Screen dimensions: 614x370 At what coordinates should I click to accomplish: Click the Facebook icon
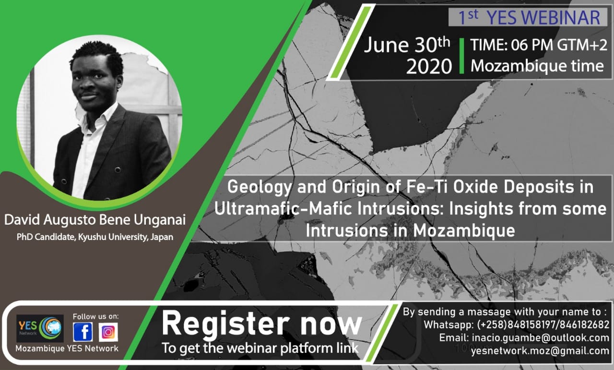(x=83, y=332)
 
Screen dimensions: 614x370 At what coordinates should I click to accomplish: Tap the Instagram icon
(x=108, y=332)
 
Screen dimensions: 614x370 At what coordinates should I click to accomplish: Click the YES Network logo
(x=40, y=328)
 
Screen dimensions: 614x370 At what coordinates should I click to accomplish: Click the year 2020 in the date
(x=429, y=66)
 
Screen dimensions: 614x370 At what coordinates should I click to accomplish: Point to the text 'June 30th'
(x=407, y=45)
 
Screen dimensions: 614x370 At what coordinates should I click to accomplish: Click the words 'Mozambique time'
(x=537, y=66)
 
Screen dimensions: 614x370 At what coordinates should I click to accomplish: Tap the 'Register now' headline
(x=262, y=323)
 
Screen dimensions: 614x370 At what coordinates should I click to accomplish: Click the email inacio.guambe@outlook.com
(x=524, y=337)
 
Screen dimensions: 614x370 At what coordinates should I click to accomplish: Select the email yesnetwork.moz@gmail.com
(x=540, y=351)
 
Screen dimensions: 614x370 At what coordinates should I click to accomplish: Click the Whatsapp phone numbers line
(x=517, y=325)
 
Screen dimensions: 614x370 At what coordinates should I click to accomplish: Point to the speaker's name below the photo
(x=95, y=220)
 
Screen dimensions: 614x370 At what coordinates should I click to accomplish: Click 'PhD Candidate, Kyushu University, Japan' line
(x=95, y=237)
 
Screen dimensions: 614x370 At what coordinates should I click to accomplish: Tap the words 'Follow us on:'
(x=95, y=317)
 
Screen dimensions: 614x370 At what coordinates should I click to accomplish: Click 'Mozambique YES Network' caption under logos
(x=67, y=348)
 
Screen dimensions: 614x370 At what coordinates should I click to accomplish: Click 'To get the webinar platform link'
(x=260, y=348)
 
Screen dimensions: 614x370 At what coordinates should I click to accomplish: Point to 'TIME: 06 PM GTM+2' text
(x=539, y=45)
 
